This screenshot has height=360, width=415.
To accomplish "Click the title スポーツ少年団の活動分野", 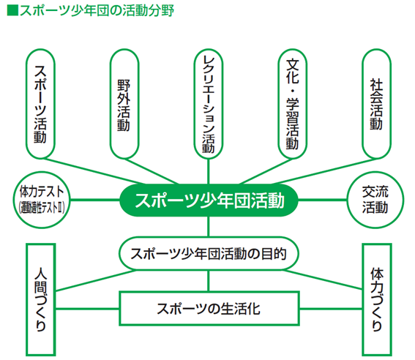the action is point(97,11).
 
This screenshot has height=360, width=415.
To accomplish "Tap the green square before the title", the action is point(12,11).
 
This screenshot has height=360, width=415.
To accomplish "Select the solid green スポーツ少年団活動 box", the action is point(209,200).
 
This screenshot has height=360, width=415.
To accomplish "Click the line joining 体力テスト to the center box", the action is point(95,200).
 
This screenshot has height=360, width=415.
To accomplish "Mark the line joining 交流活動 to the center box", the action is point(322,200).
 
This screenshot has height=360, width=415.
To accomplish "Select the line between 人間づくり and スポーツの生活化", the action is point(87,309).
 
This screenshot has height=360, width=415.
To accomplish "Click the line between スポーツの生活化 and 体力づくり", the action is point(331,309).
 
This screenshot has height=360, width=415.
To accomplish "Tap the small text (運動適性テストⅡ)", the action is point(42,207).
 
